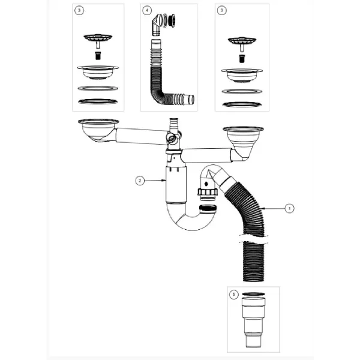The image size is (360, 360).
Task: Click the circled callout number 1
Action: [289, 208]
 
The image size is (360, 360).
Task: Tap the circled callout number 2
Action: [140, 181]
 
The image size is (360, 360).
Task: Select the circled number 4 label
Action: [147, 10]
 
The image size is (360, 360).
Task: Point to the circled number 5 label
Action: [234, 295]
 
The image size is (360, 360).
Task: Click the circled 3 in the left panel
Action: [79, 10]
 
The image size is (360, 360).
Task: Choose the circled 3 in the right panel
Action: [221, 10]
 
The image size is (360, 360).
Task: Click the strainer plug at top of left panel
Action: [98, 40]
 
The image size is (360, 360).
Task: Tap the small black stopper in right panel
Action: [242, 59]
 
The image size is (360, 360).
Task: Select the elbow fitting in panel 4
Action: [157, 25]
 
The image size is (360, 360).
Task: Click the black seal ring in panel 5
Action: [253, 294]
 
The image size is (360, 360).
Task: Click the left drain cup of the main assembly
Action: [98, 130]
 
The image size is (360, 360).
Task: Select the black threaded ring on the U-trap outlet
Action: [208, 209]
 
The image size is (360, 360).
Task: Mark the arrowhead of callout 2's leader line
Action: [165, 181]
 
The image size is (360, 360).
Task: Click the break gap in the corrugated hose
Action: [253, 239]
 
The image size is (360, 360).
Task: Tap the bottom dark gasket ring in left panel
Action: [98, 101]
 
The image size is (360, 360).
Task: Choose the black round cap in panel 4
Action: [172, 20]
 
